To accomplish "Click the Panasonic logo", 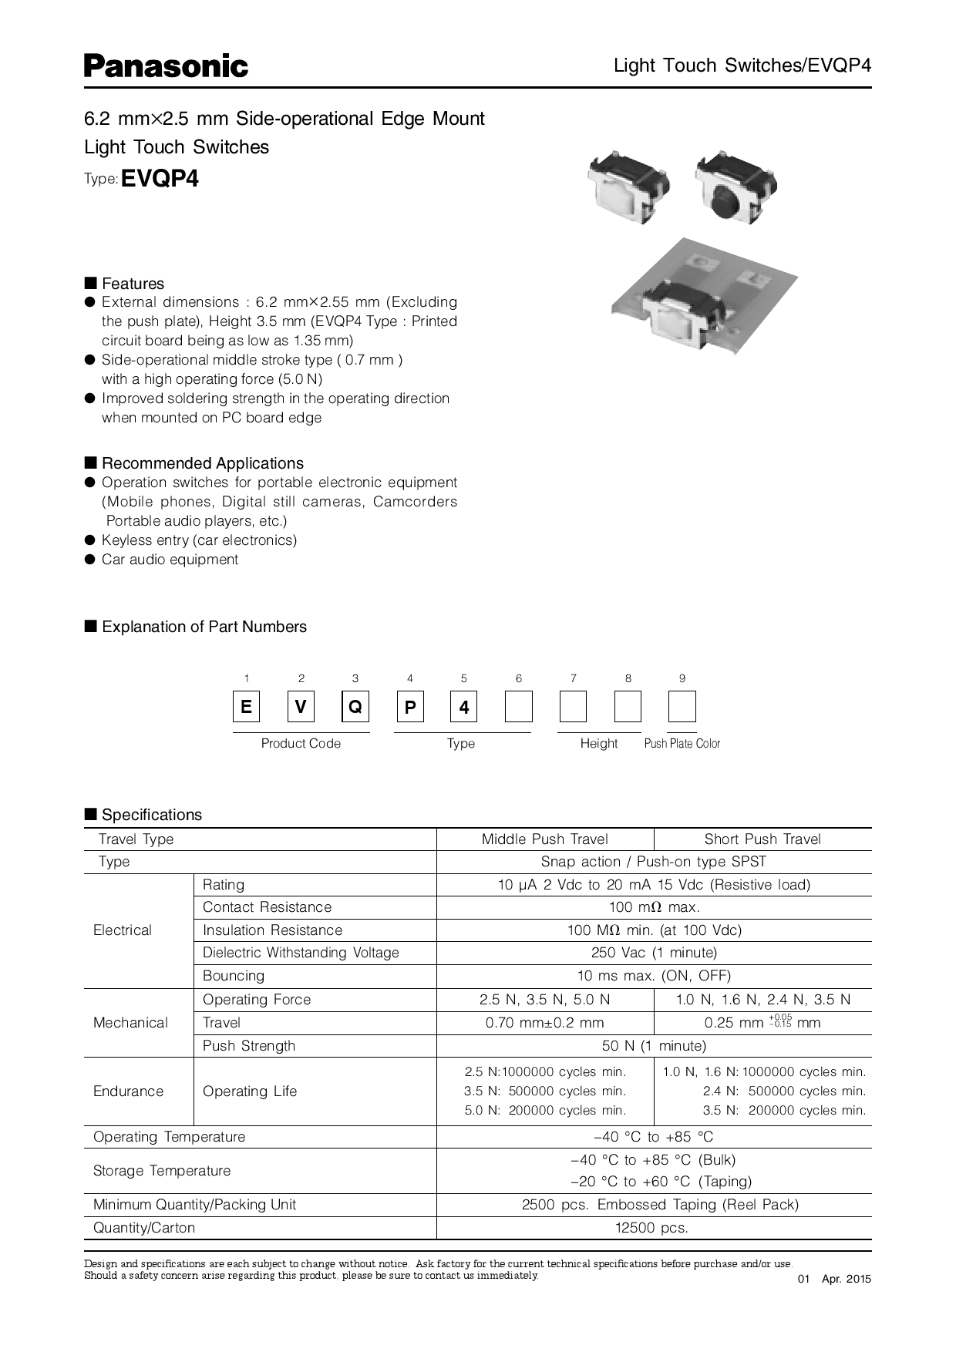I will click(166, 66).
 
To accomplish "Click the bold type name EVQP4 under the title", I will click(160, 179).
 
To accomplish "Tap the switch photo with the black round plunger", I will click(736, 187).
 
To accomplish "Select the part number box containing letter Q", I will click(355, 707).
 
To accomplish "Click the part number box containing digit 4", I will click(464, 707).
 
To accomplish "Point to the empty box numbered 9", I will click(682, 707).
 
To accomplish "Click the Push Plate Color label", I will click(682, 744).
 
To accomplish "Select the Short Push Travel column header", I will click(762, 839).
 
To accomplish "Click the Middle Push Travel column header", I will click(544, 839).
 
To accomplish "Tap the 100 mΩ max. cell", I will click(654, 907).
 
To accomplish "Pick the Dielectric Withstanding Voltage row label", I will click(301, 953).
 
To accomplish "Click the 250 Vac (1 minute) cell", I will click(654, 953).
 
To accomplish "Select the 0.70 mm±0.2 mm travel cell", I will click(544, 1023).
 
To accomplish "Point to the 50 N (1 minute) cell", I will click(654, 1046).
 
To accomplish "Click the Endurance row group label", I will click(129, 1091).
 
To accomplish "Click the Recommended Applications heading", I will click(202, 463).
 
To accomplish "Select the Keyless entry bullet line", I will click(199, 540).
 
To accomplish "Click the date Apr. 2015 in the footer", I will click(846, 1279).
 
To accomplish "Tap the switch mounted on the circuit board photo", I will click(678, 312).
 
